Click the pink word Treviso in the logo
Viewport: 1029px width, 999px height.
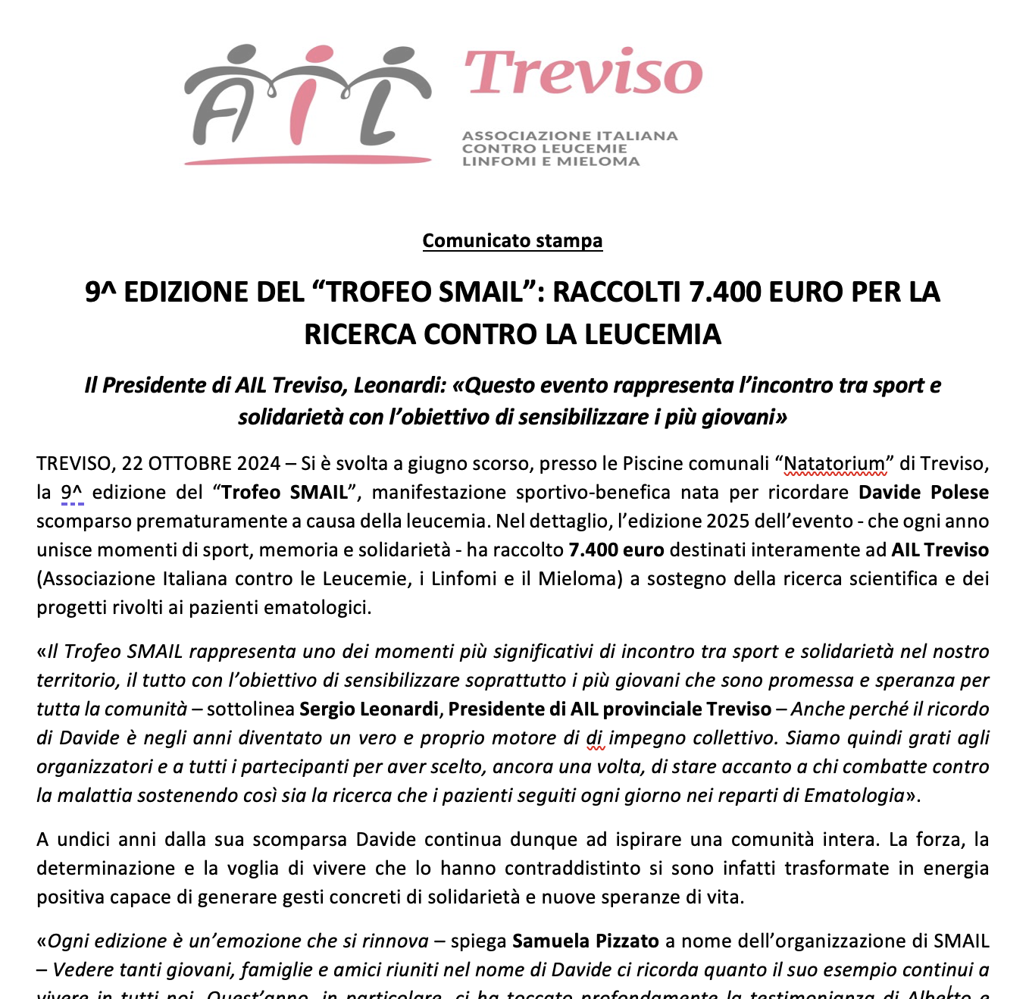coord(583,74)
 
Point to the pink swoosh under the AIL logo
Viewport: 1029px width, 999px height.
coord(307,160)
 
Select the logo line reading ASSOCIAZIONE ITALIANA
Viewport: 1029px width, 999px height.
coord(570,136)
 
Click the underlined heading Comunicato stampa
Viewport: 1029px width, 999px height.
coord(512,240)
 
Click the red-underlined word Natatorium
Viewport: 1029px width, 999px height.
coord(834,463)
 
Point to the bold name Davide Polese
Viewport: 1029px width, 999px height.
coord(924,492)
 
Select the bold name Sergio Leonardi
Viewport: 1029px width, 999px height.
coord(369,709)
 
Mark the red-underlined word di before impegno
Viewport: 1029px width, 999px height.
coord(595,738)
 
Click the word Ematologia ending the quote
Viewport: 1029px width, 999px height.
coord(854,795)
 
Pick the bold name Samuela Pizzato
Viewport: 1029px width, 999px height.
coord(586,941)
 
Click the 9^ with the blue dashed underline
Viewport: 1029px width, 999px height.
coord(72,492)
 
